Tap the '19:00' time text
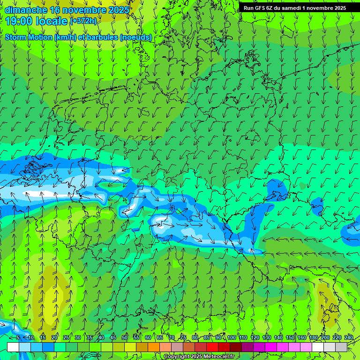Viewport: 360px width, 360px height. [x=19, y=21]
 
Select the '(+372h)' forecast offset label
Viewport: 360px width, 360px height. [x=83, y=21]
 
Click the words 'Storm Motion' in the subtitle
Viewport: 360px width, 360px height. [x=29, y=37]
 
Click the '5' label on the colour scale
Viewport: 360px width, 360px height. [x=18, y=337]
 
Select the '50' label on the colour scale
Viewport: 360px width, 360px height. [x=125, y=337]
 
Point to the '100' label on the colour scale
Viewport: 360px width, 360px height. [x=231, y=337]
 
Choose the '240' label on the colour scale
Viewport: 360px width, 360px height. [x=349, y=337]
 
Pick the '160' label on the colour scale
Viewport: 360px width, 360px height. [x=302, y=337]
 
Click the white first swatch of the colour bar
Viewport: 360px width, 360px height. [x=13, y=347]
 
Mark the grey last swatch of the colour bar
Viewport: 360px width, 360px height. [x=341, y=347]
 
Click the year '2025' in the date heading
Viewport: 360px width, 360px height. [x=115, y=9]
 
